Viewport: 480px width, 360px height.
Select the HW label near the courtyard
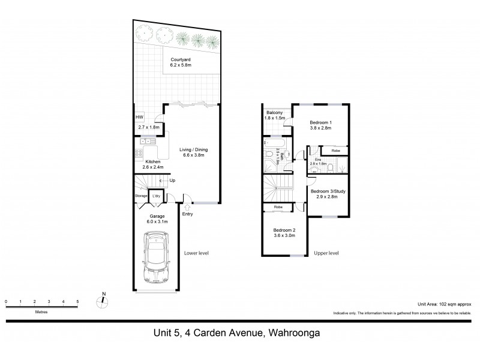(x=139, y=117)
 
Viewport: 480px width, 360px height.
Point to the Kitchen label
(x=153, y=161)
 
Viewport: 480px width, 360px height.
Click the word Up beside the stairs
(x=173, y=180)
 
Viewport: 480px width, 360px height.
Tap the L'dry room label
(x=156, y=196)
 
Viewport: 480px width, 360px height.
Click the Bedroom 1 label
(x=321, y=123)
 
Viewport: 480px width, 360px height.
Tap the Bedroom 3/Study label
(x=328, y=191)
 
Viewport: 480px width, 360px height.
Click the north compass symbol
(x=103, y=301)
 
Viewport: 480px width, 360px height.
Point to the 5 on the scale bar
(x=77, y=301)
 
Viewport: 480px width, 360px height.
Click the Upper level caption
(x=326, y=254)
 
